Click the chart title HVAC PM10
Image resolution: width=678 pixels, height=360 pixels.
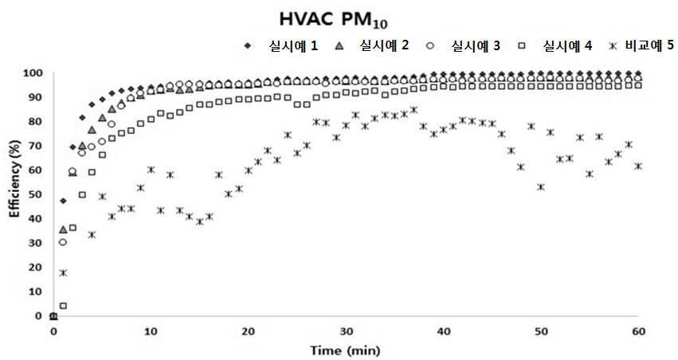tap(333, 20)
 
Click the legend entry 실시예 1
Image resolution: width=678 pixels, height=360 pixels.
tap(294, 45)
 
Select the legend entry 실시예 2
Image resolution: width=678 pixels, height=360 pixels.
tap(384, 45)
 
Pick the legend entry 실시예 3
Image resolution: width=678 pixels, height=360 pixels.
tap(476, 45)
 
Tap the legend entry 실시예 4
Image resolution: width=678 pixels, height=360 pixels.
tap(567, 45)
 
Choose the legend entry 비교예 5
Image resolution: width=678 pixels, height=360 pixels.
tap(649, 45)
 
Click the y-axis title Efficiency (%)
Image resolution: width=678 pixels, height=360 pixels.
tap(15, 178)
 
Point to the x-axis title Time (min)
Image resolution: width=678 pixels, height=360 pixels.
tap(345, 350)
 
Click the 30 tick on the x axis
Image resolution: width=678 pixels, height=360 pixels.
tap(347, 331)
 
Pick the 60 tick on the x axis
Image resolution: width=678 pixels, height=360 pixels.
tap(639, 331)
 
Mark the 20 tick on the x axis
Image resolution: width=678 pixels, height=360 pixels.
tap(249, 331)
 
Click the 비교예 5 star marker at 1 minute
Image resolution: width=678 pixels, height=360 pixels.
tap(63, 272)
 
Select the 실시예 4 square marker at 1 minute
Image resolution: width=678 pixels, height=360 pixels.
tap(63, 306)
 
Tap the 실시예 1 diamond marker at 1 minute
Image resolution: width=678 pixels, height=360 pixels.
tap(63, 201)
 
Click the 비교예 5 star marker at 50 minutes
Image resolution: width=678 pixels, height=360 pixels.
tap(541, 187)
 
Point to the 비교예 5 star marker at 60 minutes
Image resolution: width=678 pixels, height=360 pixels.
tap(638, 166)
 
